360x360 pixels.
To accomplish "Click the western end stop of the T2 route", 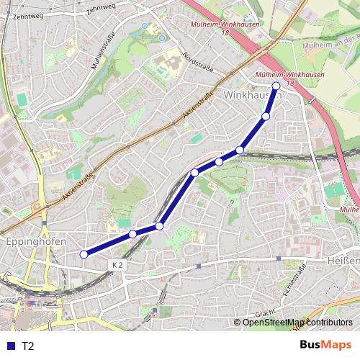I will (84, 254).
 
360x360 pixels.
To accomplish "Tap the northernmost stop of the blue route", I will (276, 86).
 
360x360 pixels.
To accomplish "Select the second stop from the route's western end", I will (132, 234).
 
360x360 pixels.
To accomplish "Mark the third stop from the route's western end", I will (159, 226).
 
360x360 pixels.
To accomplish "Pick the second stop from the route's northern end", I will (266, 116).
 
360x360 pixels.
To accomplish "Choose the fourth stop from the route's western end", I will (194, 172).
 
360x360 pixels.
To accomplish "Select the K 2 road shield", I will (118, 265).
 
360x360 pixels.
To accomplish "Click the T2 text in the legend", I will (27, 346).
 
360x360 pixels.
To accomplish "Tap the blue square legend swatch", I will (9, 346).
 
